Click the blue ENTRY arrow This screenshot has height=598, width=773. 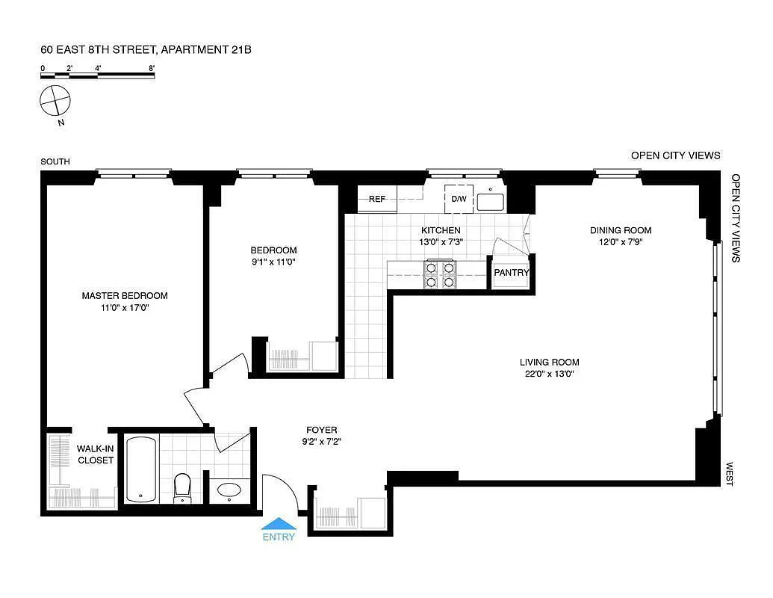pyautogui.click(x=278, y=523)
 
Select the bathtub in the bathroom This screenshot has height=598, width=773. pyautogui.click(x=141, y=469)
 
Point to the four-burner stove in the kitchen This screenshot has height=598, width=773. pyautogui.click(x=439, y=274)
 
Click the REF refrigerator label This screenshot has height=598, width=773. pyautogui.click(x=377, y=199)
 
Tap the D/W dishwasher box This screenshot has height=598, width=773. pyautogui.click(x=458, y=199)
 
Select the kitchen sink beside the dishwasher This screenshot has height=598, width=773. pyautogui.click(x=491, y=201)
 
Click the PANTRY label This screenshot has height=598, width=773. pyautogui.click(x=512, y=273)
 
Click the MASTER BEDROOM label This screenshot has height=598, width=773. pyautogui.click(x=125, y=295)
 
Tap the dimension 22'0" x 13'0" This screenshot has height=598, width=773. pyautogui.click(x=550, y=374)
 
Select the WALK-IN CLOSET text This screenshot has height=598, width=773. pyautogui.click(x=96, y=454)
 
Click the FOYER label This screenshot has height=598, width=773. pyautogui.click(x=321, y=430)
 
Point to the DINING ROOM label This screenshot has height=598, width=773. pyautogui.click(x=621, y=230)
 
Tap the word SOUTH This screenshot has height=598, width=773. pyautogui.click(x=55, y=161)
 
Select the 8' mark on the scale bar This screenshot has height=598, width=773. pyautogui.click(x=152, y=68)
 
